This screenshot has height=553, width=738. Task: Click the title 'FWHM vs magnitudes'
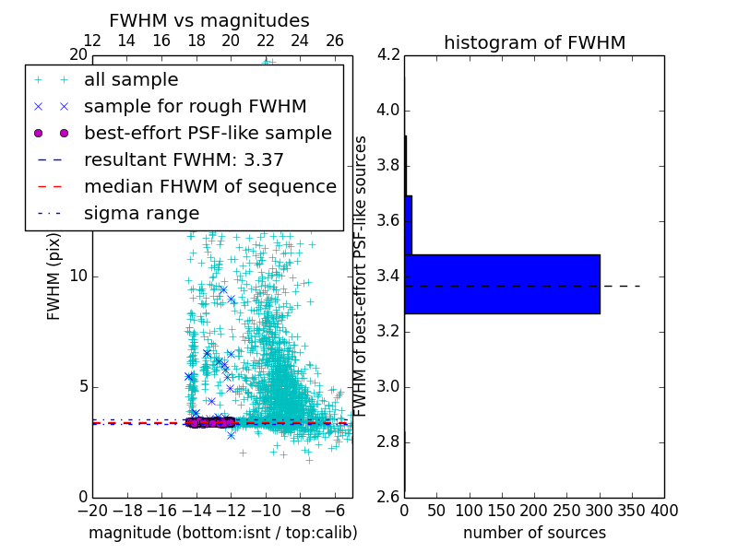click(x=209, y=20)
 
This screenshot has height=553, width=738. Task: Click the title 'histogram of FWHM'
click(x=534, y=42)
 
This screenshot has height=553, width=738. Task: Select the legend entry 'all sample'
click(x=131, y=80)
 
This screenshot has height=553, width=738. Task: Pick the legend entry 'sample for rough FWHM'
click(x=195, y=107)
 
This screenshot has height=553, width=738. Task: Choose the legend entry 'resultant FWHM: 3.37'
click(x=184, y=160)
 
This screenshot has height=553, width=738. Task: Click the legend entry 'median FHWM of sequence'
click(x=209, y=187)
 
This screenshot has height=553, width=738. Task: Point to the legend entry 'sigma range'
click(x=141, y=214)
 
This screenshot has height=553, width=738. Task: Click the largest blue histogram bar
click(x=502, y=284)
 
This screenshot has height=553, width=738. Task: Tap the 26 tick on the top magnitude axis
click(x=334, y=41)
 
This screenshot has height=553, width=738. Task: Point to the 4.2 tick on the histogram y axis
click(x=388, y=55)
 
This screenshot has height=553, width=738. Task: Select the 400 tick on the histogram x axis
click(x=664, y=510)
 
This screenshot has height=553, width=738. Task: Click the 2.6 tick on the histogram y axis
click(x=388, y=497)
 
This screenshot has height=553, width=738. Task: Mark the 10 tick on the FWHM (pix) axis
click(x=78, y=276)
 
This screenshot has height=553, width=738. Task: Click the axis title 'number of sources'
click(x=534, y=533)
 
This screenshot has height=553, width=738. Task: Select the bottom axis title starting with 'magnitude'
click(x=222, y=533)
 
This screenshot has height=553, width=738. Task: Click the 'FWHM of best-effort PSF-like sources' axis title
click(x=362, y=276)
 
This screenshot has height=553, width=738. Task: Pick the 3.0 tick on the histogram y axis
click(x=388, y=386)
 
